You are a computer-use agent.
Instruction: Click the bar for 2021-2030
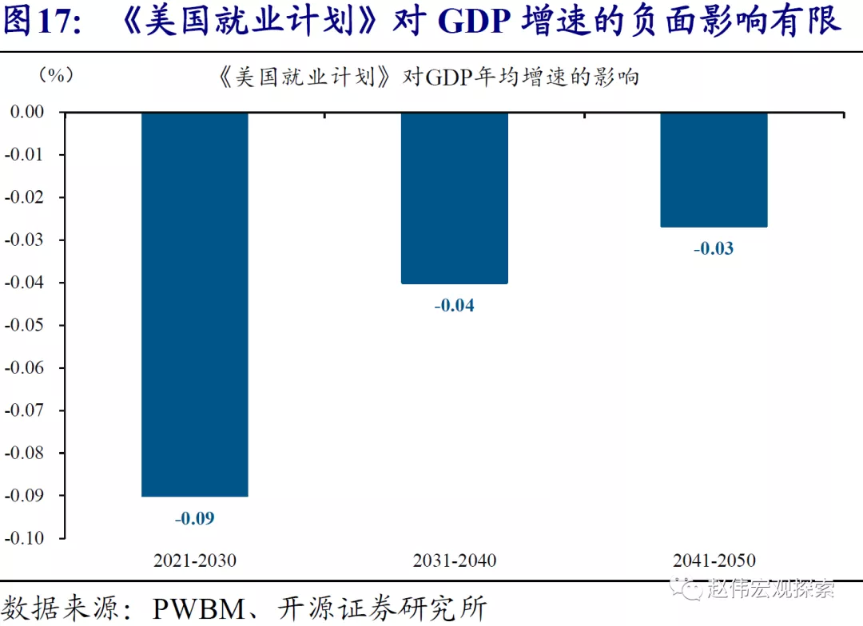click(195, 303)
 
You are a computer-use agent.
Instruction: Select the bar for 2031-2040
click(454, 198)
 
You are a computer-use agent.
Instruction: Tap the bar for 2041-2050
click(714, 169)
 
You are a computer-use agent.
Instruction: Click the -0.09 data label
click(195, 518)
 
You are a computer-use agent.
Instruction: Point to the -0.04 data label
click(454, 305)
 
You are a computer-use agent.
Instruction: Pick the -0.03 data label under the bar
click(714, 248)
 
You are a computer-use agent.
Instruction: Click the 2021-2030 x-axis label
click(195, 561)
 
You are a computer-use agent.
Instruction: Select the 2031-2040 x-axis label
click(454, 561)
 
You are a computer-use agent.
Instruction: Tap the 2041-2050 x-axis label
click(714, 561)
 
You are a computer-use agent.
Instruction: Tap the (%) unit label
click(56, 75)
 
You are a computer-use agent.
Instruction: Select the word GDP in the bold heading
click(476, 22)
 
